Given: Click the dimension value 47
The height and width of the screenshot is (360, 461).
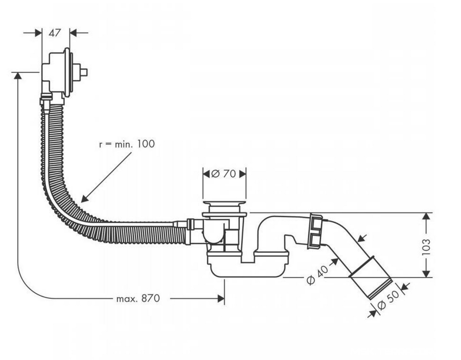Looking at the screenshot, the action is [55, 33].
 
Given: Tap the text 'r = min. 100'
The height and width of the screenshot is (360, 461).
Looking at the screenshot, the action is [127, 144].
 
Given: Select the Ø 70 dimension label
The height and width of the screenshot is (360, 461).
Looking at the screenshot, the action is [224, 174].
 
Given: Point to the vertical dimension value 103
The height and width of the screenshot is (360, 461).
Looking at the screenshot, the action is [426, 247].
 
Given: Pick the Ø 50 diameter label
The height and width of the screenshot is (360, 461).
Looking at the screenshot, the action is [389, 300].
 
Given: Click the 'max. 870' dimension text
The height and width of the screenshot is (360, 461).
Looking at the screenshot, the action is [138, 299].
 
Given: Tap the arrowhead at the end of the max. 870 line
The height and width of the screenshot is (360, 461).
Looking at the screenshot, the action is [221, 299].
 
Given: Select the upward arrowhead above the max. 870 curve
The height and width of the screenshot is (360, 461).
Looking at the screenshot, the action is [18, 76].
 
